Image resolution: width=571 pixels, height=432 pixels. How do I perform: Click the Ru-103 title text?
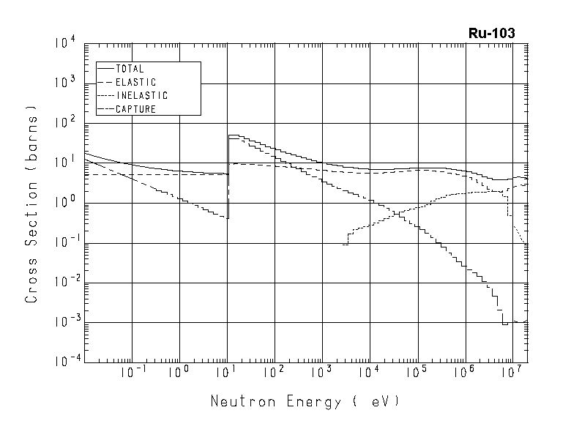pos(492,33)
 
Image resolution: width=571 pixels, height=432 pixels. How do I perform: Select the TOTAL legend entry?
pos(130,69)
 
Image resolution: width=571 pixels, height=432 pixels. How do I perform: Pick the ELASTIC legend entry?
pos(135,82)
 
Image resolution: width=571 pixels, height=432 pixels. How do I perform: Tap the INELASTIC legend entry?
pos(141,96)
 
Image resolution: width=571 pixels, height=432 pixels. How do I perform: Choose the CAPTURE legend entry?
pos(135,109)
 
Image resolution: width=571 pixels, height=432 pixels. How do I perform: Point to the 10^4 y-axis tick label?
pos(64,44)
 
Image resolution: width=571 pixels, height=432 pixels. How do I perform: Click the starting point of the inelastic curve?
pos(343,245)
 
